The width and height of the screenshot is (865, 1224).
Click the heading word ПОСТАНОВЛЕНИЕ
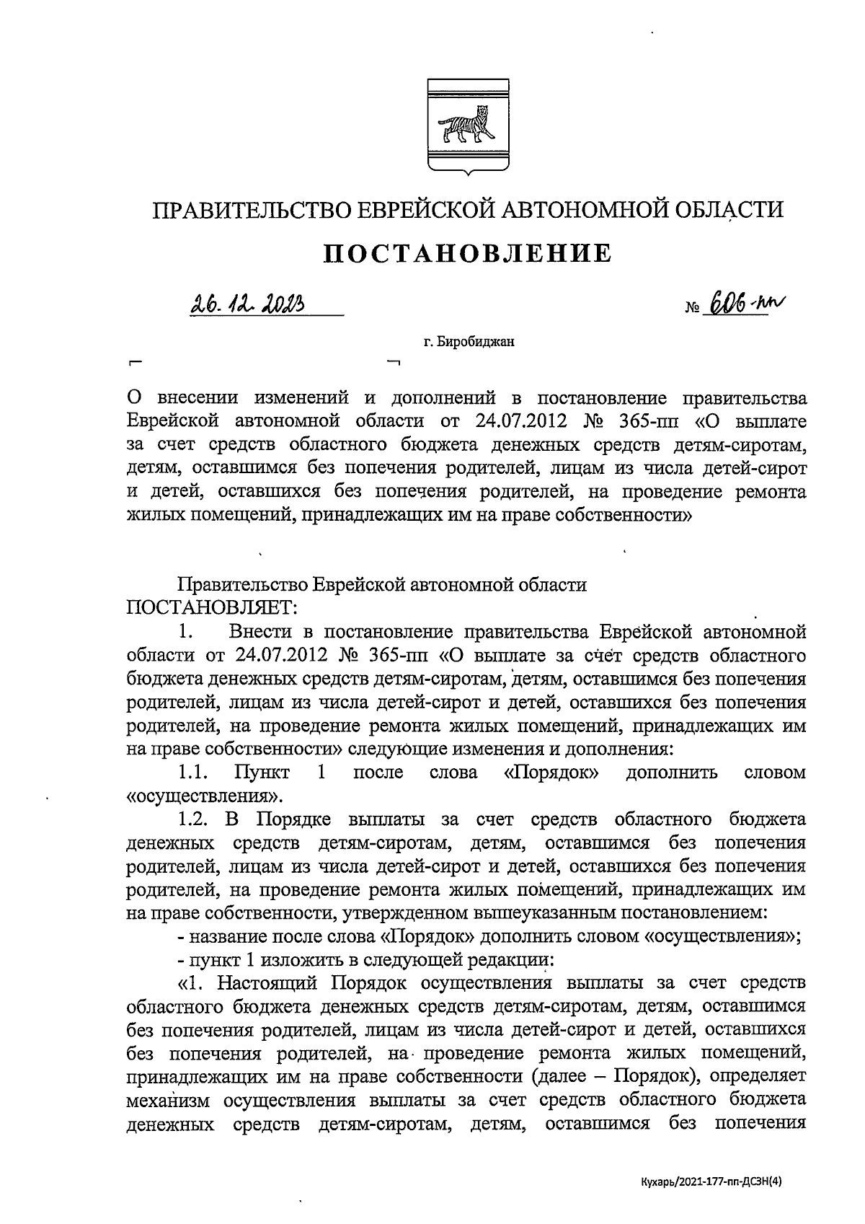[x=466, y=253]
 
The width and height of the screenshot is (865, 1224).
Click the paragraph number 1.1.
[x=192, y=772]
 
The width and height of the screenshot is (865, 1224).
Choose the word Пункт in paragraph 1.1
[x=262, y=772]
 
